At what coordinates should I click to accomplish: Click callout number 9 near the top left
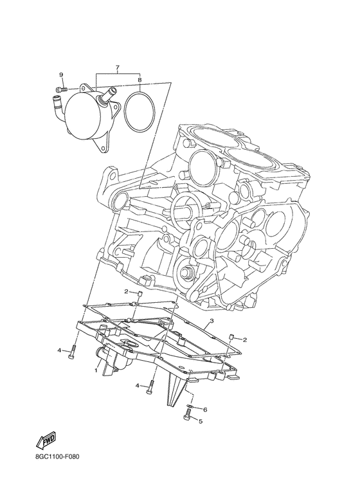tap(61, 75)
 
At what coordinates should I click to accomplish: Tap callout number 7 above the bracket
tap(117, 68)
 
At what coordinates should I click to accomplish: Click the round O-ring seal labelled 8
tap(139, 111)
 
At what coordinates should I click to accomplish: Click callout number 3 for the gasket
tap(212, 321)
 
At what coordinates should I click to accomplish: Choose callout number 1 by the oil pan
tap(95, 370)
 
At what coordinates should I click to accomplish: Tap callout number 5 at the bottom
tap(201, 421)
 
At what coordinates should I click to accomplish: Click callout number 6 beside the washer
tap(205, 410)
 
